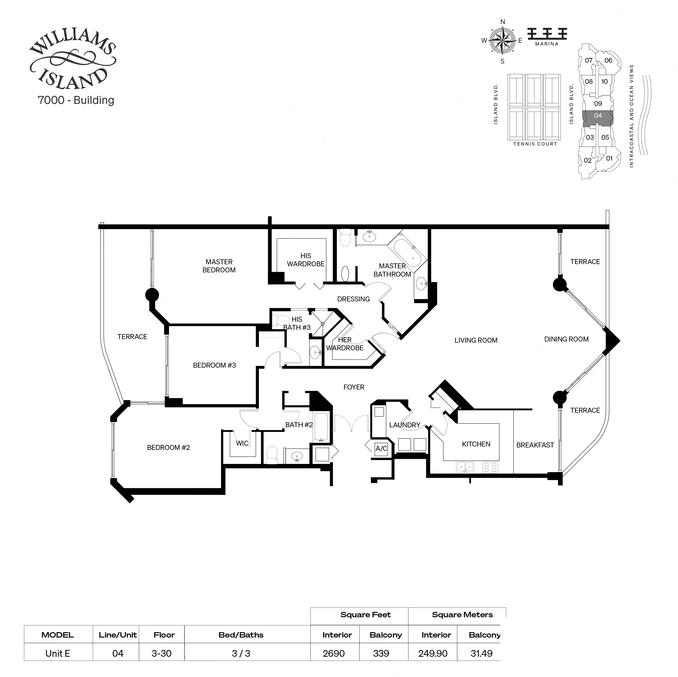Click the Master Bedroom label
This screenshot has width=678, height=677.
tap(219, 266)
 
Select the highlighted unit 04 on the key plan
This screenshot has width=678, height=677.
tap(598, 116)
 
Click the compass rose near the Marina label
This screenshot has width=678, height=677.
tap(502, 41)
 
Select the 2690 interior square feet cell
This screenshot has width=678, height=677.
tap(334, 654)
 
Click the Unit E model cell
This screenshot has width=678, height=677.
tap(57, 654)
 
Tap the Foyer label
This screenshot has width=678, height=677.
tap(354, 387)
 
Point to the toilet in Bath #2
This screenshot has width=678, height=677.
tap(272, 455)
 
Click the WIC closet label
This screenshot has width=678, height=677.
tap(242, 443)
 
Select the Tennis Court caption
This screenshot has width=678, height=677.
tap(535, 144)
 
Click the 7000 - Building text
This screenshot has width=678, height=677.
tap(76, 100)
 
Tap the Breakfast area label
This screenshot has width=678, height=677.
tap(535, 445)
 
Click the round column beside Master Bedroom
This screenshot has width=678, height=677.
tap(152, 295)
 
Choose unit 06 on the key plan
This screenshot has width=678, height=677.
tap(608, 60)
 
